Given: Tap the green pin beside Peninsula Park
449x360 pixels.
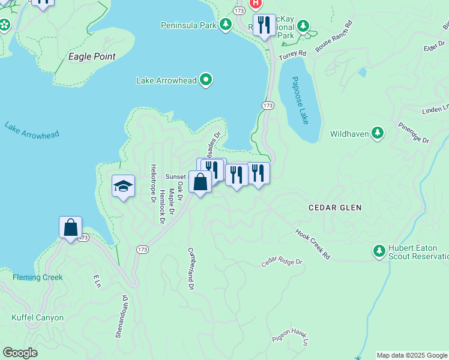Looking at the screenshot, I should point(226,25).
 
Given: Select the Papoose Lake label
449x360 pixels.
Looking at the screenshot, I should point(301,100).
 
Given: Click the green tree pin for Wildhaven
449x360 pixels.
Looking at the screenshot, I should point(378,133).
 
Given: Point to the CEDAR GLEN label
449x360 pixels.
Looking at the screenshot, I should point(335,208).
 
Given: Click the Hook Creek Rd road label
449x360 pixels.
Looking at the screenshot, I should point(313,244).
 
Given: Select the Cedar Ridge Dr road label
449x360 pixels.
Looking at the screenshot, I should point(282,263).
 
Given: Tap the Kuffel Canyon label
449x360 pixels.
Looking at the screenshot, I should point(37,317).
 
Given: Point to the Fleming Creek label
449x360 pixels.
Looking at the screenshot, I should point(38,277).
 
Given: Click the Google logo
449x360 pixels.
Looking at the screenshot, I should point(20,353).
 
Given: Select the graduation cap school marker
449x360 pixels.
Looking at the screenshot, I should point(123,187).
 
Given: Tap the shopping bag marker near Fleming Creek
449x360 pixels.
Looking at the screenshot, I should point(70,227).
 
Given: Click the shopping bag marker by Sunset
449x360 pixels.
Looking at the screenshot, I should point(200,181).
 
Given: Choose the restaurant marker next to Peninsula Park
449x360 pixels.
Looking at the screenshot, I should point(264,25).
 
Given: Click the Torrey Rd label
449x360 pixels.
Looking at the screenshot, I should point(295,53).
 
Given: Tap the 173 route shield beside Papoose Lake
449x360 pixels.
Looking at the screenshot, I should point(268,106).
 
